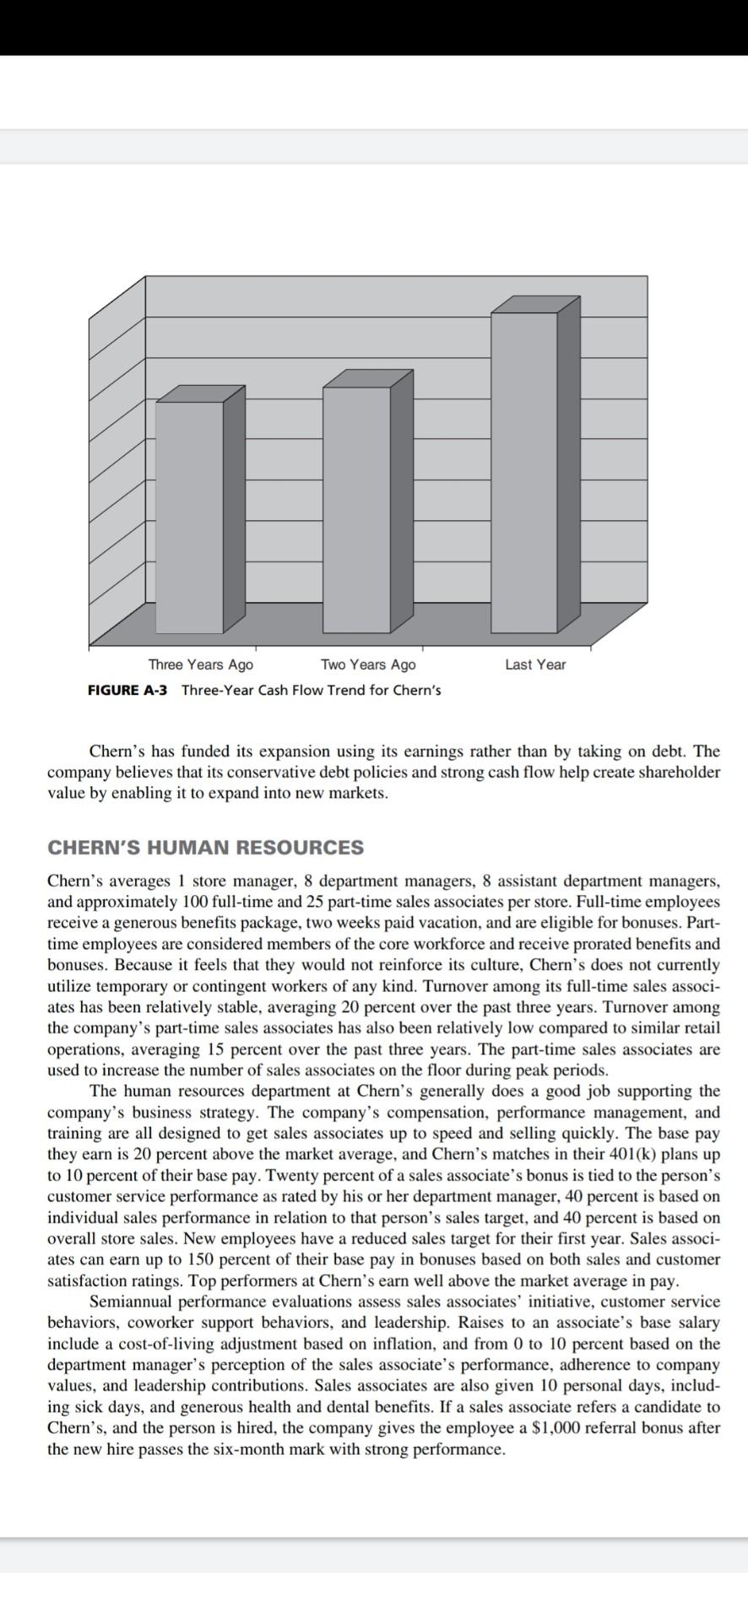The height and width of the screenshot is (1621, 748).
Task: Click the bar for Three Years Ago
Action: point(189,517)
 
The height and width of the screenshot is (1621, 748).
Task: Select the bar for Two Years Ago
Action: point(358,509)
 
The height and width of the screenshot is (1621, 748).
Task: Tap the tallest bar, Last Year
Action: point(524,471)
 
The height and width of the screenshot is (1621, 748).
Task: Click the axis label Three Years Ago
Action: point(200,664)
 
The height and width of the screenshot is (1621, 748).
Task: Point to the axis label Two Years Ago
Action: point(368,664)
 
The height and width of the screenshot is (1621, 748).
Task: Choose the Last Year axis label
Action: point(535,664)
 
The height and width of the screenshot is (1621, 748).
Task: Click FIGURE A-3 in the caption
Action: point(127,690)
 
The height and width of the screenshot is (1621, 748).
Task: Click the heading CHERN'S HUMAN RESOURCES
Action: point(206,848)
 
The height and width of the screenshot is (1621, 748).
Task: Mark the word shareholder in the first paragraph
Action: point(678,772)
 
